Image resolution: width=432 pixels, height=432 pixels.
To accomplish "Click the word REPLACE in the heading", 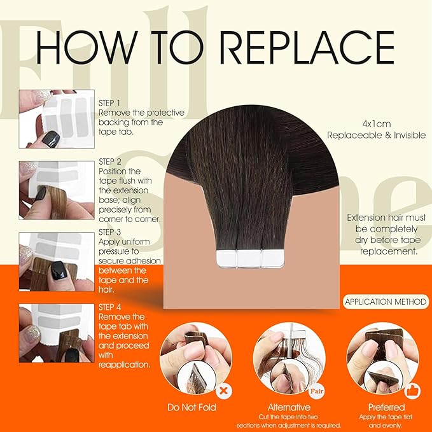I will click(297, 47).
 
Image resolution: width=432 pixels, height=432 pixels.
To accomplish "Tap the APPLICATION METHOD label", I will click(384, 302).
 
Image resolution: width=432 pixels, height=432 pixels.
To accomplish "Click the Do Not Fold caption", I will click(191, 407).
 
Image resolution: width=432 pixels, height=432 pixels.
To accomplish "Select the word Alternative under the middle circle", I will click(289, 407).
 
